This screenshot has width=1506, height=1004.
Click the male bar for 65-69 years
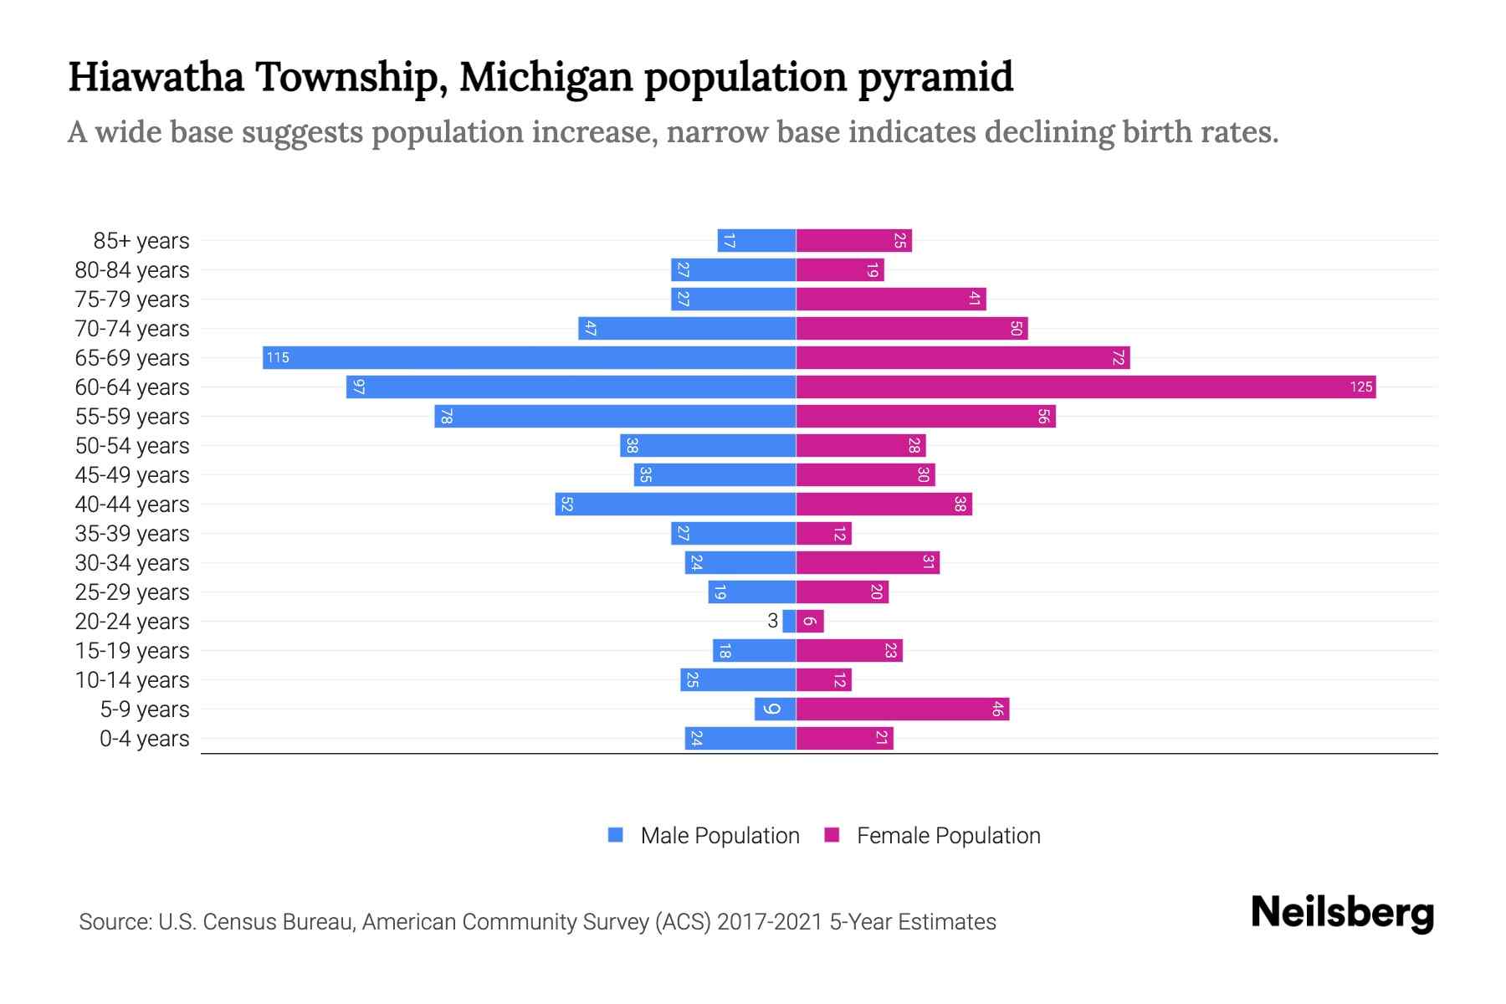click(529, 357)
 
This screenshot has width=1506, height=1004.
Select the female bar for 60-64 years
click(1085, 387)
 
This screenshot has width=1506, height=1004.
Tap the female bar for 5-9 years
click(902, 709)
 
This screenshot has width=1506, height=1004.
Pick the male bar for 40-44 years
click(675, 504)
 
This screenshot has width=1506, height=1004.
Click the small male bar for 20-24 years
click(789, 621)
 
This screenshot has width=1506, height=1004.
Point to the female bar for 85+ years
click(853, 240)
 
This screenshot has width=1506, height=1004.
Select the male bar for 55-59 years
click(615, 416)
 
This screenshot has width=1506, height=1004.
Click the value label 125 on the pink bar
click(1360, 387)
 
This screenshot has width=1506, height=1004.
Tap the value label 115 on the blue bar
click(278, 357)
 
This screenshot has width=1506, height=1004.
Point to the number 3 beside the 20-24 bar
click(772, 621)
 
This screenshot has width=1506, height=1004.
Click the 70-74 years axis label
click(132, 328)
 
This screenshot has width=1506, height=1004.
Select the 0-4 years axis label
click(144, 738)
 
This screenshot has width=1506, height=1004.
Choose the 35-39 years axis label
click(132, 533)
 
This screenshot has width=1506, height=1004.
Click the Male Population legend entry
click(719, 835)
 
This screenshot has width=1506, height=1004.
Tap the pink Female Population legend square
click(832, 835)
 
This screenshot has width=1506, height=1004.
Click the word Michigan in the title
click(546, 77)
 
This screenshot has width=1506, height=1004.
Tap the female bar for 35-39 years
click(823, 533)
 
